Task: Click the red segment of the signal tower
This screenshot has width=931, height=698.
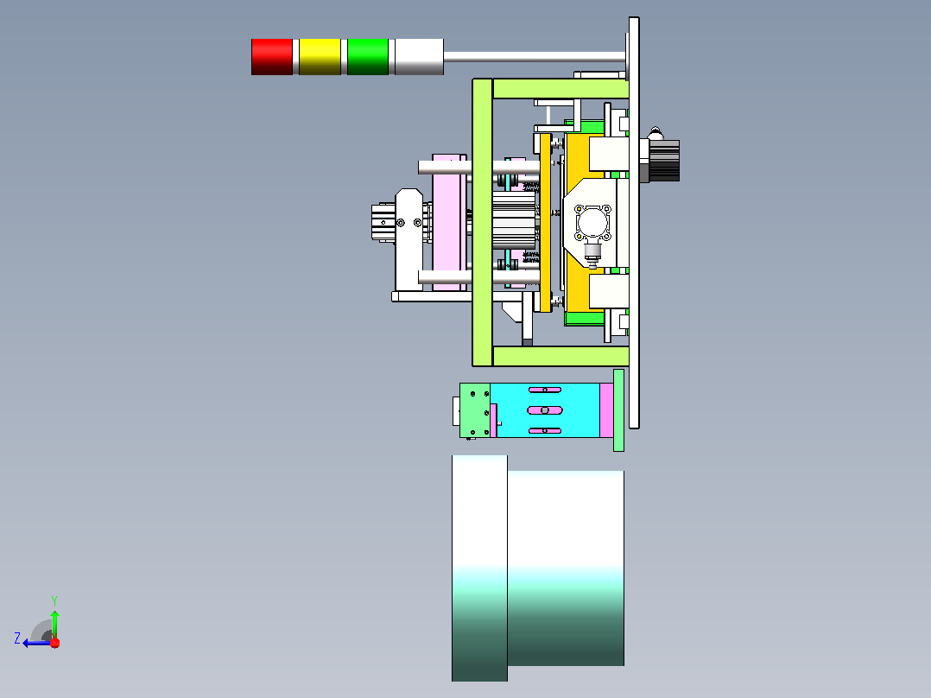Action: tap(272, 57)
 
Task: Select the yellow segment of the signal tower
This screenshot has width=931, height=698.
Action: tap(320, 57)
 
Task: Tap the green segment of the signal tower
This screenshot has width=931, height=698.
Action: tap(368, 57)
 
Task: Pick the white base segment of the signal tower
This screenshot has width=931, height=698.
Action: tap(419, 57)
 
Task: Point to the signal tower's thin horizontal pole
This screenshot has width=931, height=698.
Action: tap(535, 57)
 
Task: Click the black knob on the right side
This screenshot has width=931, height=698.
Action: tap(664, 160)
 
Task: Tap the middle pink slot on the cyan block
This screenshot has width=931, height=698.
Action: tap(545, 410)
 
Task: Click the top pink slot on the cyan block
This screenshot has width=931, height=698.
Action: tap(545, 390)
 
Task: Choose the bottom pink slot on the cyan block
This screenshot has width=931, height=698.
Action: tap(545, 431)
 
